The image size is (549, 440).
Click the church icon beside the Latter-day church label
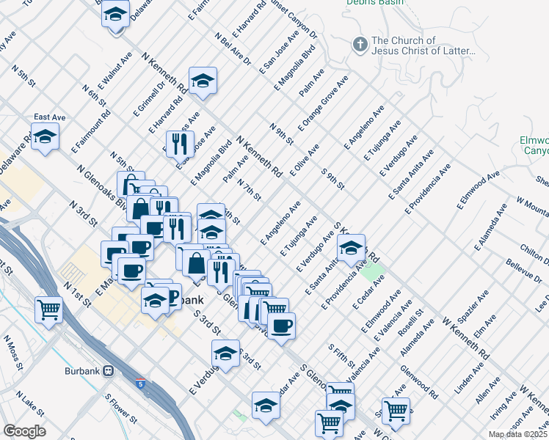point(359,45)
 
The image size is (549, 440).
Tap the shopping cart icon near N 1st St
point(49,309)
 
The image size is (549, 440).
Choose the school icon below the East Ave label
point(46,138)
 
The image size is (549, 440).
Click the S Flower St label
point(121,408)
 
